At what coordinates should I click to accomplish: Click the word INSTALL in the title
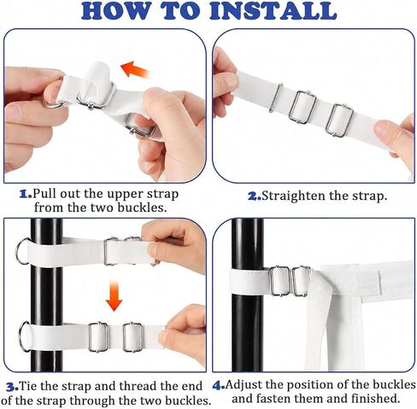coord(273,11)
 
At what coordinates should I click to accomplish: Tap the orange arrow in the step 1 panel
coord(135,69)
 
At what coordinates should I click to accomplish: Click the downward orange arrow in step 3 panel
coord(114,295)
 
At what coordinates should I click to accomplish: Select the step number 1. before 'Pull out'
coord(26,195)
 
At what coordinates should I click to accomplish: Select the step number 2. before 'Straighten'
coord(255,196)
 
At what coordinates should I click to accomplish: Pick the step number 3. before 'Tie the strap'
coord(12,387)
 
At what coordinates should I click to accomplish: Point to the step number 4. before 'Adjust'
coord(219,386)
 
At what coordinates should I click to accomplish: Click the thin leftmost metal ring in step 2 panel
coord(275,97)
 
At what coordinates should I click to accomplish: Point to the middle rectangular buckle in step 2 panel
coord(302,107)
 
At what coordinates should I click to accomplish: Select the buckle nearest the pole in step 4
coord(279,281)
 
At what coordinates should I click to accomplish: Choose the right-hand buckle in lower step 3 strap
coord(132,337)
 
